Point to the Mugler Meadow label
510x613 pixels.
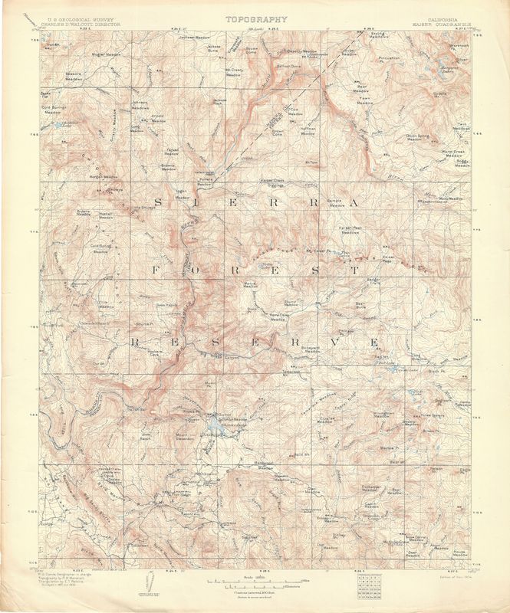point(107,56)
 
